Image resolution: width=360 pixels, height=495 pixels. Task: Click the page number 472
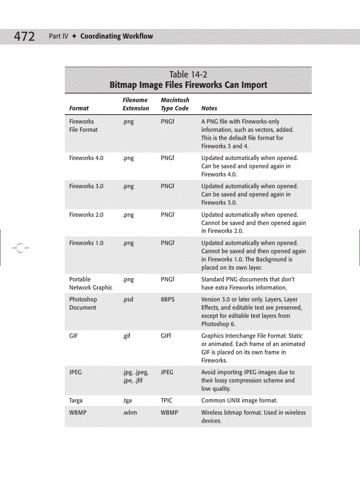pos(24,37)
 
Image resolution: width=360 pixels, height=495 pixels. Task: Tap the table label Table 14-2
pos(188,74)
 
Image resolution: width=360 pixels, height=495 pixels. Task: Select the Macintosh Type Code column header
pos(175,104)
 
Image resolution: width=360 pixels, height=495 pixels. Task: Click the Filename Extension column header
pos(135,104)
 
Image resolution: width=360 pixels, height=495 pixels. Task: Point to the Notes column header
pos(209,108)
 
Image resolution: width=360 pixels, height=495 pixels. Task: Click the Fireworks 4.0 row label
pos(86,158)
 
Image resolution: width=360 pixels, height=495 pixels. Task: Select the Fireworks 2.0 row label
pos(86,215)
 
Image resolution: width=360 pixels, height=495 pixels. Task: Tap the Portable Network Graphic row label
pos(90,283)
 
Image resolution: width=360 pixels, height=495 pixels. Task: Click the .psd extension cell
pos(128,300)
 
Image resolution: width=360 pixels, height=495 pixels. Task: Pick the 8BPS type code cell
pos(168,300)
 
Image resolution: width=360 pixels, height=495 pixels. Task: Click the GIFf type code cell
pos(166,336)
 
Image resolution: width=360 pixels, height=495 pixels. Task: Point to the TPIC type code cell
pos(167,401)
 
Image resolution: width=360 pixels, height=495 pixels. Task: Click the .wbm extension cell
pos(130,413)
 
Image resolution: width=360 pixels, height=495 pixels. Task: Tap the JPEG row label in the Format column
pos(75,372)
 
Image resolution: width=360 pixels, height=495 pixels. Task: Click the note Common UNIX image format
pos(239,401)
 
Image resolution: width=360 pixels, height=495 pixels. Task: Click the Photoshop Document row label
pos(82,304)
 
